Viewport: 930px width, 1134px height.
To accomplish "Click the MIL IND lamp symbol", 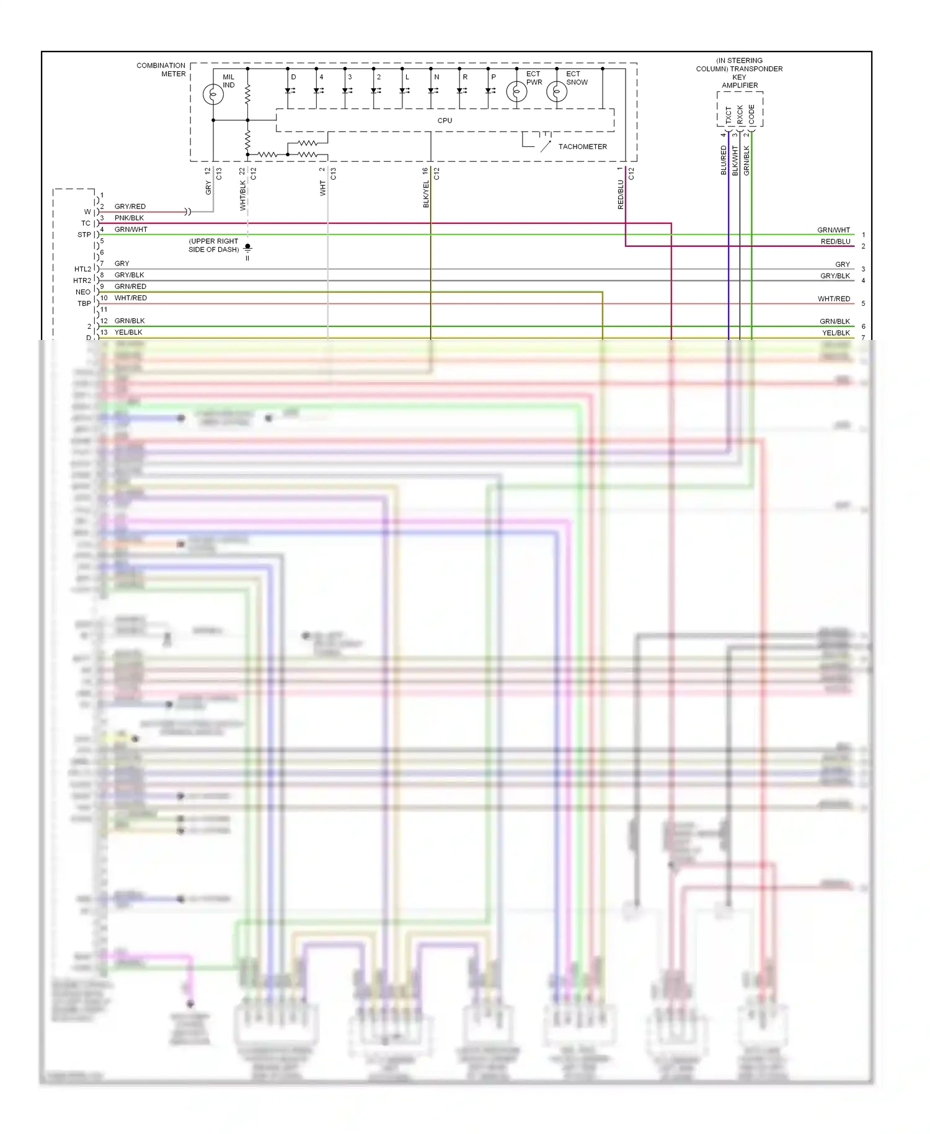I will [x=213, y=94].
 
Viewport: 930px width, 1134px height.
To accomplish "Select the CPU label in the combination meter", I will [x=445, y=120].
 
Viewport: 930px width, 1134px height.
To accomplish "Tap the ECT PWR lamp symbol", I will [x=516, y=92].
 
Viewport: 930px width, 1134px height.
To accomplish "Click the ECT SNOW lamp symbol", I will [x=557, y=92].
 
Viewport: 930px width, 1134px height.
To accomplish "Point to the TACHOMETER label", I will [x=582, y=147].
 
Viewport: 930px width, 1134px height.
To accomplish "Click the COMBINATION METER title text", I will [x=161, y=69].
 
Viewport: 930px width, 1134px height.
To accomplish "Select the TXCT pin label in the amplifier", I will [x=728, y=114].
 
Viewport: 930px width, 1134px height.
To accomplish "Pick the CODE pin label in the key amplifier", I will [x=751, y=114].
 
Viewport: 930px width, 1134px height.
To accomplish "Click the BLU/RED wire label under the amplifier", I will [x=724, y=160].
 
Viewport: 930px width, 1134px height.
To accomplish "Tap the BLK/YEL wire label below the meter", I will [x=426, y=194].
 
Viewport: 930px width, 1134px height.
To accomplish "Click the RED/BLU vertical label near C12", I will [x=621, y=195].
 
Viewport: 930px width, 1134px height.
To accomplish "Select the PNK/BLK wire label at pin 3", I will [x=129, y=218].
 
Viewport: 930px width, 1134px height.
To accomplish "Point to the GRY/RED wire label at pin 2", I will [x=130, y=207].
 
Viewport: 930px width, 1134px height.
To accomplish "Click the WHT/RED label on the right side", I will [x=833, y=299].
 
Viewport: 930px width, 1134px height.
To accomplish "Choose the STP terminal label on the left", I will [x=84, y=235].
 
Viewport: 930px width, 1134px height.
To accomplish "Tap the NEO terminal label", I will [x=83, y=292].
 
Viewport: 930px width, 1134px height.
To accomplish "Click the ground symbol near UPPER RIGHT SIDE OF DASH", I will [x=247, y=251].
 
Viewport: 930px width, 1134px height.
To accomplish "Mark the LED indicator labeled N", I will [x=432, y=91].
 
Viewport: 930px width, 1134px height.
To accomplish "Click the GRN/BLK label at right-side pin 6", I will [x=835, y=321].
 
